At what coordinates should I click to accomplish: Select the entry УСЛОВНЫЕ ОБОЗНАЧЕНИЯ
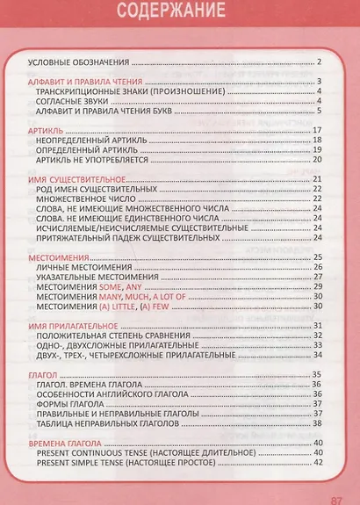pyautogui.click(x=79, y=62)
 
